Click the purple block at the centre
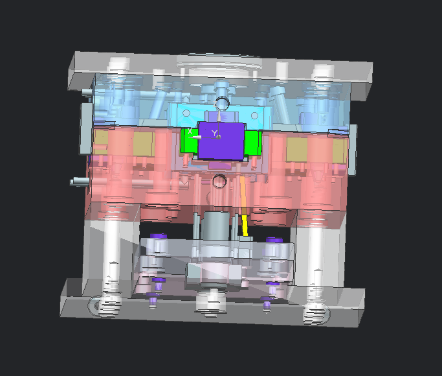pyautogui.click(x=221, y=141)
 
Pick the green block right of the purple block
pyautogui.click(x=253, y=143)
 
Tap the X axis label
pyautogui.click(x=190, y=131)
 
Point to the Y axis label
pyautogui.click(x=214, y=133)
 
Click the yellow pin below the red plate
pyautogui.click(x=245, y=225)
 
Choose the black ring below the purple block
pyautogui.click(x=219, y=181)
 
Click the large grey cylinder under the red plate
pyautogui.click(x=215, y=226)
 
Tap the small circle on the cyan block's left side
pyautogui.click(x=186, y=113)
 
